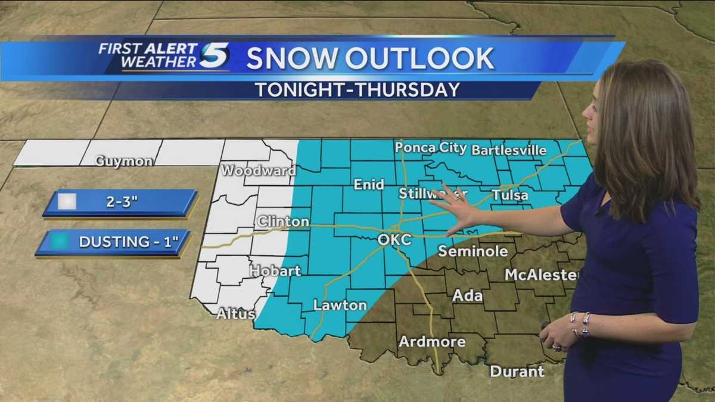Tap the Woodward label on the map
(258, 171)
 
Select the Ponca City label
(430, 147)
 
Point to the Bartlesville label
(509, 150)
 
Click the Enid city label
(369, 185)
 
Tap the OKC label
(394, 239)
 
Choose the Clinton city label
(283, 222)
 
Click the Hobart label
(275, 270)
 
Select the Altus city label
(235, 314)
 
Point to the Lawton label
(340, 305)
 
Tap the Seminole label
(473, 251)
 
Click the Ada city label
(467, 295)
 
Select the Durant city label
(517, 372)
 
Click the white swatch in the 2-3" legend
(67, 202)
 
